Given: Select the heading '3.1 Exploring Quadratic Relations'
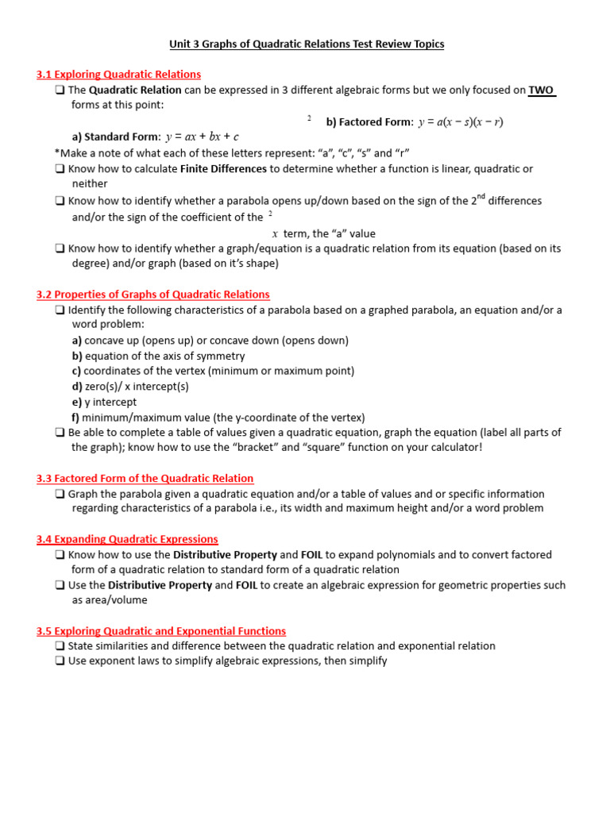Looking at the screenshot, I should pyautogui.click(x=118, y=75).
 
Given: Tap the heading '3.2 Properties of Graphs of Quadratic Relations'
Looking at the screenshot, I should pyautogui.click(x=152, y=295).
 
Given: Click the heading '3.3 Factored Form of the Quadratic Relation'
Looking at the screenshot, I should pyautogui.click(x=145, y=479).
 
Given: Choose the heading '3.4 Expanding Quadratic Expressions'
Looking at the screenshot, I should pyautogui.click(x=127, y=540).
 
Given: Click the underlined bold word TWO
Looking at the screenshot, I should pyautogui.click(x=542, y=90).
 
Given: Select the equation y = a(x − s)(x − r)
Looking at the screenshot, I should pyautogui.click(x=461, y=121).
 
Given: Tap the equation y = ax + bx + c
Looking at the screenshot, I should pyautogui.click(x=202, y=137).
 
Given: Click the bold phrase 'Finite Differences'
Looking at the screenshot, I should pyautogui.click(x=223, y=169).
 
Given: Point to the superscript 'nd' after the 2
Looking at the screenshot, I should pyautogui.click(x=481, y=197).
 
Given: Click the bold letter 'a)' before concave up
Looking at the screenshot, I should pyautogui.click(x=77, y=341).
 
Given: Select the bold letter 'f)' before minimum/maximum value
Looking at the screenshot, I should pyautogui.click(x=75, y=418).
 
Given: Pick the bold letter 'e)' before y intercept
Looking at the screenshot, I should pyautogui.click(x=77, y=403).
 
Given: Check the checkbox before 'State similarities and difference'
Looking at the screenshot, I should pyautogui.click(x=60, y=646).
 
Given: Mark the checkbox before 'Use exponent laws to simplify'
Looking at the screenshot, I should pyautogui.click(x=60, y=661).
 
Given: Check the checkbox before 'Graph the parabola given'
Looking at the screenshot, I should pyautogui.click(x=60, y=494).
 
